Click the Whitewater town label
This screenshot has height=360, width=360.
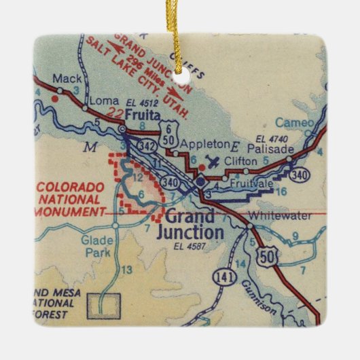click(280, 215)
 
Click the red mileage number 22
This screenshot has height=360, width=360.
click(117, 113)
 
